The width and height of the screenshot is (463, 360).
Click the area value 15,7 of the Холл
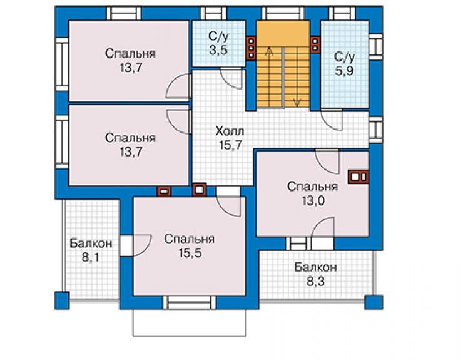tap(230, 145)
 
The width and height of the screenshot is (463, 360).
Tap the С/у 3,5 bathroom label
tap(218, 43)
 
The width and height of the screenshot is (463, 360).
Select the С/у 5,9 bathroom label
tap(344, 64)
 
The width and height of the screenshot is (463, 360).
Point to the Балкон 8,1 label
tap(91, 250)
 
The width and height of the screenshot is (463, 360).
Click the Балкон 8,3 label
tap(316, 274)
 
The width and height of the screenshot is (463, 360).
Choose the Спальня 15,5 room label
tap(190, 246)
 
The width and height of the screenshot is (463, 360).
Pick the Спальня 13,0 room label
tap(313, 193)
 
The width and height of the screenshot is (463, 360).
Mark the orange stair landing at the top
tap(283, 33)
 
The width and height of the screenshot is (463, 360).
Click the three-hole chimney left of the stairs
tap(252, 48)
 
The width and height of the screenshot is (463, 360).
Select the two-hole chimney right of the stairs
tap(315, 44)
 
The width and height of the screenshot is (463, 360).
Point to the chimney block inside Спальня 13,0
tap(358, 177)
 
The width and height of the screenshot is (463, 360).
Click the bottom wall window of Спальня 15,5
tap(190, 302)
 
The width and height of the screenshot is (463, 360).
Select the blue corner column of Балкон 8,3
tap(374, 302)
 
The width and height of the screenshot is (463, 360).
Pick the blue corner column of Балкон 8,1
tap(62, 301)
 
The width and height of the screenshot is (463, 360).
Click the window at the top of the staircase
tap(283, 13)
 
